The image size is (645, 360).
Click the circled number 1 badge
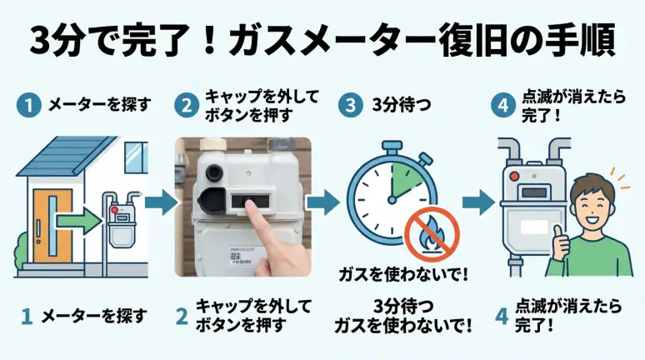click(x=29, y=106)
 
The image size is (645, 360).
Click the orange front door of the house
click(x=49, y=222)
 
